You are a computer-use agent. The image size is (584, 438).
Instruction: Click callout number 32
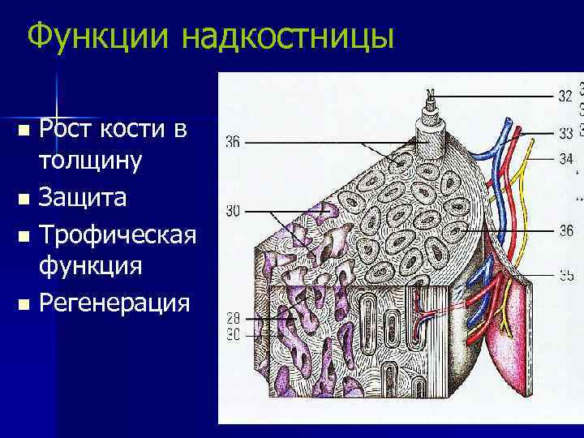click(x=565, y=96)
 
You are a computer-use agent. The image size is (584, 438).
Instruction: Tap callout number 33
click(x=565, y=132)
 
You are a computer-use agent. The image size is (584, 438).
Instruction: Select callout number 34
click(x=565, y=157)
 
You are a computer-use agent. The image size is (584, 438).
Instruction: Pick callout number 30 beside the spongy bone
click(x=233, y=211)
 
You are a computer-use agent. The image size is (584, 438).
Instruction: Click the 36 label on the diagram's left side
click(x=233, y=143)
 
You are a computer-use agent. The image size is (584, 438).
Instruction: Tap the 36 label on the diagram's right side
click(x=565, y=231)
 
